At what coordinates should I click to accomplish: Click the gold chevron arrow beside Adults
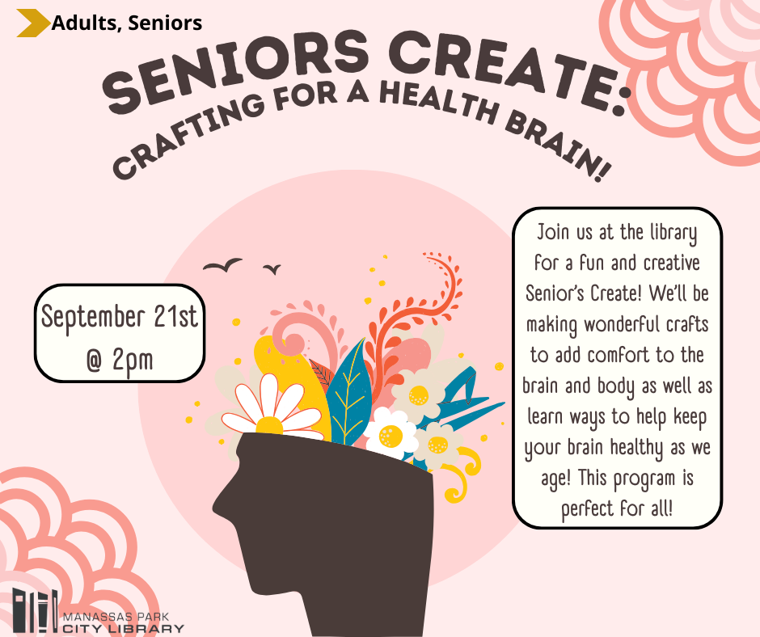(x=33, y=23)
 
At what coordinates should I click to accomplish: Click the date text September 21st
(x=120, y=318)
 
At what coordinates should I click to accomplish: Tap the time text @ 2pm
(x=120, y=360)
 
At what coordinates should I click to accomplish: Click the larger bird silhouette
(x=222, y=265)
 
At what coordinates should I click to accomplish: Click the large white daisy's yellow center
(x=269, y=426)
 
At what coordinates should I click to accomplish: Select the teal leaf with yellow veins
(x=347, y=393)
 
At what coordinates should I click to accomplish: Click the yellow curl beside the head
(x=462, y=475)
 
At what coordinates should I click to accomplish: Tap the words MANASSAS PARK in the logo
(x=116, y=617)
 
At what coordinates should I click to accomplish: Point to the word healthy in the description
(x=637, y=449)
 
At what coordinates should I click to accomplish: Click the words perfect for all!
(x=617, y=510)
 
